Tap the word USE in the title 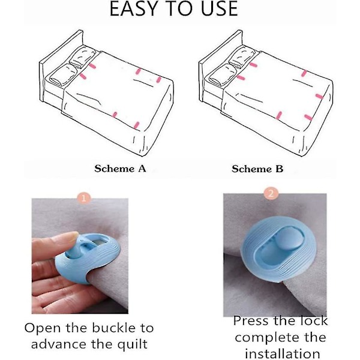(x=220, y=9)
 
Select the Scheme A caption (x=120, y=169)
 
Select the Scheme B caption (x=257, y=169)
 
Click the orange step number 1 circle (x=83, y=198)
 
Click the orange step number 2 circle (x=271, y=193)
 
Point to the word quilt (x=133, y=344)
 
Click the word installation (x=283, y=354)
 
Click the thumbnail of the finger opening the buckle (x=80, y=256)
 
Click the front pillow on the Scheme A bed (x=61, y=75)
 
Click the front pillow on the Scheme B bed (x=221, y=75)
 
